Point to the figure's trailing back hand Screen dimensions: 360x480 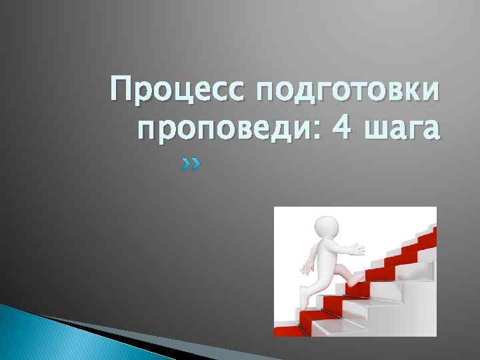click(305, 269)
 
